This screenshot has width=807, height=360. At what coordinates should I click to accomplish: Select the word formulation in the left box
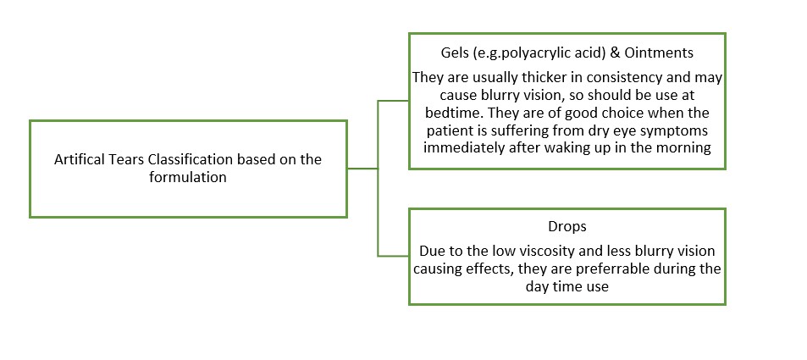click(188, 177)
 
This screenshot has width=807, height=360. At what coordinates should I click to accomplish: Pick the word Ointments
click(668, 53)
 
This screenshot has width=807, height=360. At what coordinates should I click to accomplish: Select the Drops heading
click(567, 227)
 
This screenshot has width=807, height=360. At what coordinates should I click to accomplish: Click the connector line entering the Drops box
click(393, 256)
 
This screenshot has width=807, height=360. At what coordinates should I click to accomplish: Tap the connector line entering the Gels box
click(393, 101)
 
